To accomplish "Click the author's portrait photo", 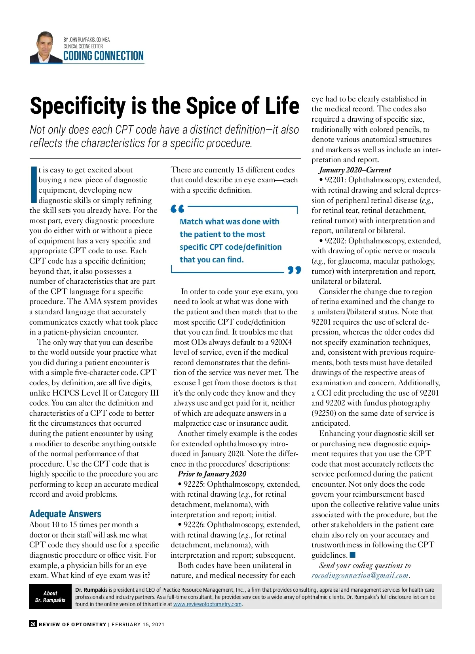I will pyautogui.click(x=46, y=48).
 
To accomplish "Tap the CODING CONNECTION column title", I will pyautogui.click(x=103, y=56).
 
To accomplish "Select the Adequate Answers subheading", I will pyautogui.click(x=65, y=514).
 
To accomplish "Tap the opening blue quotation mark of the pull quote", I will pyautogui.click(x=177, y=208).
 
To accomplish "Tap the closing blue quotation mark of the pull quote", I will pyautogui.click(x=294, y=270).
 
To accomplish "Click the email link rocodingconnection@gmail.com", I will pyautogui.click(x=360, y=576).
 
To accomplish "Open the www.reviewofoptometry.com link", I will pyautogui.click(x=207, y=604).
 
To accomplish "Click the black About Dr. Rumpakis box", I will pyautogui.click(x=50, y=597).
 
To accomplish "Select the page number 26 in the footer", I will pyautogui.click(x=33, y=624).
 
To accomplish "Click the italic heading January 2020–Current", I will pyautogui.click(x=355, y=170).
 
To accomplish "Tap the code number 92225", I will pyautogui.click(x=194, y=484).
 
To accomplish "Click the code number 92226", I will pyautogui.click(x=194, y=525).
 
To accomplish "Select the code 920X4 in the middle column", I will pyautogui.click(x=281, y=342).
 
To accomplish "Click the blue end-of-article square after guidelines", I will pyautogui.click(x=353, y=555).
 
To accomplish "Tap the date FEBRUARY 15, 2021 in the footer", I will pyautogui.click(x=138, y=625).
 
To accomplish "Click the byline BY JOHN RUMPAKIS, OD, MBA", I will pyautogui.click(x=87, y=40).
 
